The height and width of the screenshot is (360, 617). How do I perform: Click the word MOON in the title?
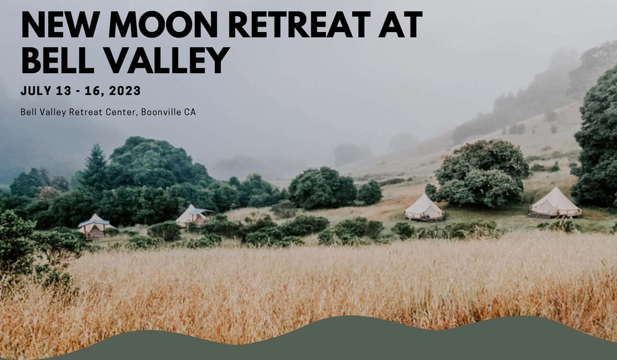pyautogui.click(x=164, y=24)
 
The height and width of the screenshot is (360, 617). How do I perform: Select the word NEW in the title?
pyautogui.click(x=60, y=24)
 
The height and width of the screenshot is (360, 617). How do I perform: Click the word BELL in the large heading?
pyautogui.click(x=58, y=60)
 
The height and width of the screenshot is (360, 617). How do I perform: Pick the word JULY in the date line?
pyautogui.click(x=36, y=90)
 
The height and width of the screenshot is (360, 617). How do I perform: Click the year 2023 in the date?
pyautogui.click(x=125, y=90)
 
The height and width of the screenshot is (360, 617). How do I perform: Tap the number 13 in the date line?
pyautogui.click(x=64, y=90)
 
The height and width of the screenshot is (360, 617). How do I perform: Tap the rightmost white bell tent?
pyautogui.click(x=555, y=202)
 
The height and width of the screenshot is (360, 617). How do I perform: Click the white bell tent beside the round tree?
pyautogui.click(x=424, y=207)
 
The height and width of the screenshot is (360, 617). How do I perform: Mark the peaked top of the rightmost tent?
pyautogui.click(x=556, y=188)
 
